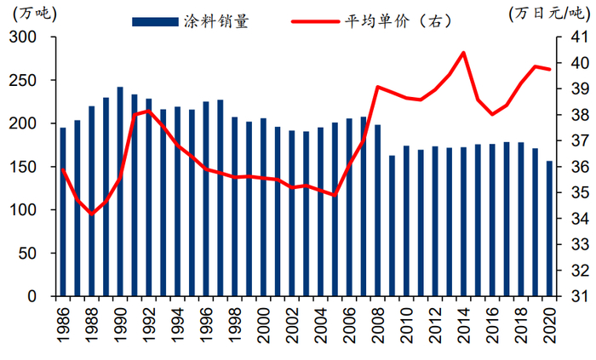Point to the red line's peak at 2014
(463, 53)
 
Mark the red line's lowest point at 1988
(92, 214)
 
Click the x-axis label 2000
(263, 322)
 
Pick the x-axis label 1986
(63, 322)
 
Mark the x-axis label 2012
(434, 322)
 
